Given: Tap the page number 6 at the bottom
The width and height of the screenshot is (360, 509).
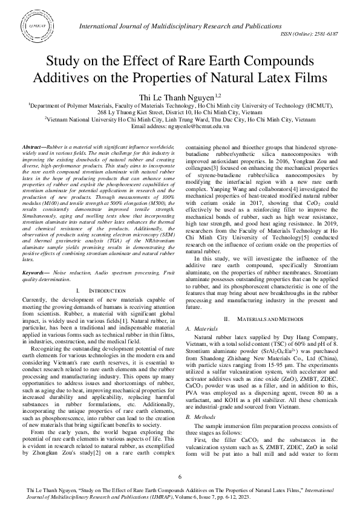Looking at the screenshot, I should coord(180,478).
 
